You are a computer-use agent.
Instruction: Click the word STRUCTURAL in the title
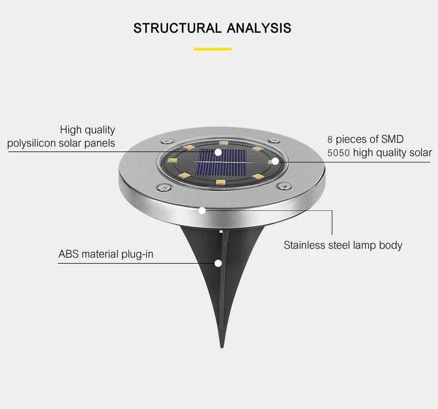[177, 28]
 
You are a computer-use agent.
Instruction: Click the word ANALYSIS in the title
[259, 28]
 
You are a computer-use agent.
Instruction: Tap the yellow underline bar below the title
[212, 49]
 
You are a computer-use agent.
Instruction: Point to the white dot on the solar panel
[218, 153]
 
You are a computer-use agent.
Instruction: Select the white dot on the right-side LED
[275, 161]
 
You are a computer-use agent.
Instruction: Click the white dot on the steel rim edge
[202, 210]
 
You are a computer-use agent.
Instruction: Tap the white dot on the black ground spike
[218, 264]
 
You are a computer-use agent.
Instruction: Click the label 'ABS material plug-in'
[106, 254]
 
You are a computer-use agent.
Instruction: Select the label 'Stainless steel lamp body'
[343, 245]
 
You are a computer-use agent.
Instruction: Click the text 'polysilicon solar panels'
[61, 143]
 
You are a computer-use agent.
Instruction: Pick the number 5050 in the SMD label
[339, 153]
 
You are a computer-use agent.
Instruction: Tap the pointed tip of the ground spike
[222, 347]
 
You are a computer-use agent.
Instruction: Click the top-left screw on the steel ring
[166, 141]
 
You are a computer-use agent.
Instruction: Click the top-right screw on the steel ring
[273, 140]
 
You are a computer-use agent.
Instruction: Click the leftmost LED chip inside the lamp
[172, 160]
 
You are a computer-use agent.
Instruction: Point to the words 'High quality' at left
[88, 130]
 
